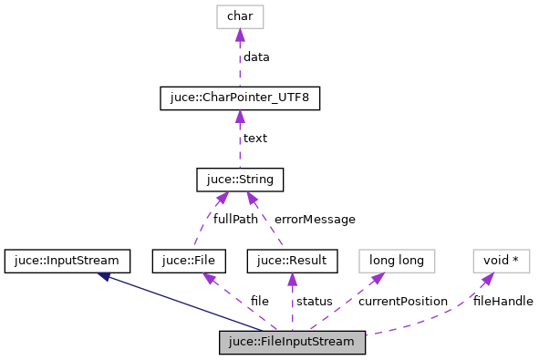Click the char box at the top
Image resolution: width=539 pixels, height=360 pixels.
(x=240, y=16)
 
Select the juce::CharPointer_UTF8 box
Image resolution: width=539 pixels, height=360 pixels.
(x=240, y=98)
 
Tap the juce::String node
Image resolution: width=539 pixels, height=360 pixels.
(x=240, y=179)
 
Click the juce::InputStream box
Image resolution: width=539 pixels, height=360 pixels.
(x=67, y=261)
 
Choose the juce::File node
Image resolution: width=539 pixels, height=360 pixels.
(x=188, y=261)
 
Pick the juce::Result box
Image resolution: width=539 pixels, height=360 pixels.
(x=292, y=261)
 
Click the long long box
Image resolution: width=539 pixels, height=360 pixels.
(x=397, y=261)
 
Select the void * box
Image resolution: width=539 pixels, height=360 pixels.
(x=501, y=261)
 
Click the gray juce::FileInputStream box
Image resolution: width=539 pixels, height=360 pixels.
(x=292, y=343)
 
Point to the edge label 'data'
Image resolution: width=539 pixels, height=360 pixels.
(x=256, y=57)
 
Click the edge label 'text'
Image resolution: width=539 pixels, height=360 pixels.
(x=254, y=139)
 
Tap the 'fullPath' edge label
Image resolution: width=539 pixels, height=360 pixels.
(x=235, y=220)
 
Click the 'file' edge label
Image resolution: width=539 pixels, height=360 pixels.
(x=260, y=302)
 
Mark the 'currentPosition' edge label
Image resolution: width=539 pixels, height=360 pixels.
(x=403, y=302)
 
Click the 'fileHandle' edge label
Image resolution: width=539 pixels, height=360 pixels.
(x=503, y=302)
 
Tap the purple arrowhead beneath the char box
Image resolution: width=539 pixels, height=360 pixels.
(x=240, y=35)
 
